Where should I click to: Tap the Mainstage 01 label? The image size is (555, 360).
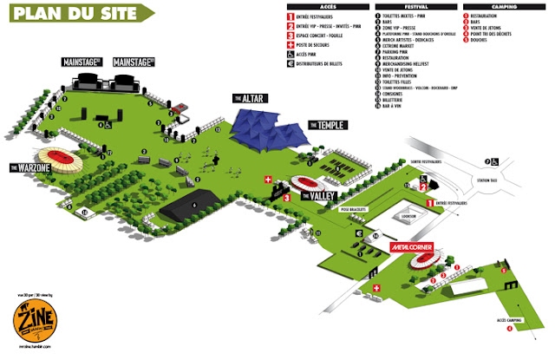[82, 62]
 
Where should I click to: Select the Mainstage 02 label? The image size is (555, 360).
[134, 62]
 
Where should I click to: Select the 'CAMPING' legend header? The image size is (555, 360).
[512, 6]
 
